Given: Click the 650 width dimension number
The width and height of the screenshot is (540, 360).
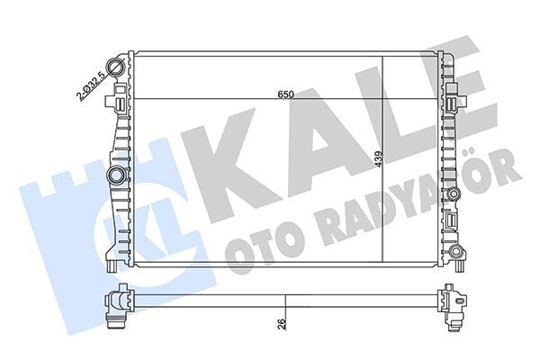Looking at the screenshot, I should click(x=286, y=94).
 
